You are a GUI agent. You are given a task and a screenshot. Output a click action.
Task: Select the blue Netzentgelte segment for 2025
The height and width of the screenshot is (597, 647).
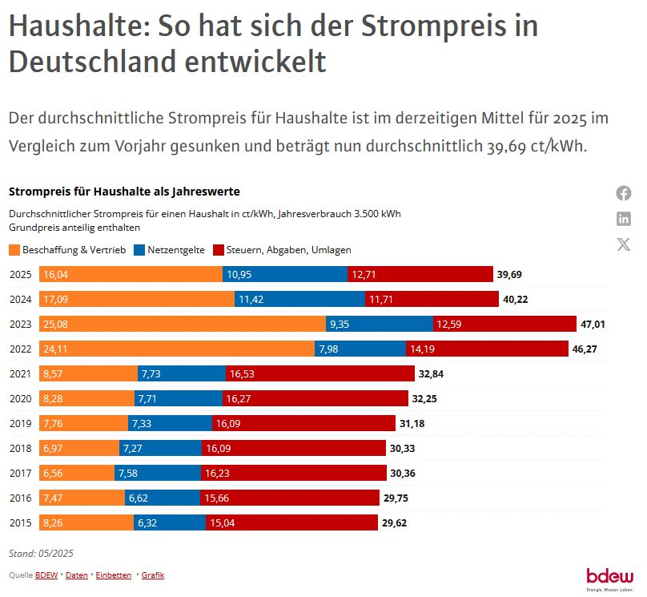click(285, 274)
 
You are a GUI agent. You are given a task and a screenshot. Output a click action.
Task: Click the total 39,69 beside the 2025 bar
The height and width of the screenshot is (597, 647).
click(509, 274)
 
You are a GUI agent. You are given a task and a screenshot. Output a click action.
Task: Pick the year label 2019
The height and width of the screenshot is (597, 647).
click(20, 423)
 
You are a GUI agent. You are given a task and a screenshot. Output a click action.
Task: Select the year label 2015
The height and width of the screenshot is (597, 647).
click(20, 523)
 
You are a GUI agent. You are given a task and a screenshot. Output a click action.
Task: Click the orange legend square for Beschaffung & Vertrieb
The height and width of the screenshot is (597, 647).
click(14, 250)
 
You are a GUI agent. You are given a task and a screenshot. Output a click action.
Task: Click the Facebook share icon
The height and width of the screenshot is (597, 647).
click(624, 193)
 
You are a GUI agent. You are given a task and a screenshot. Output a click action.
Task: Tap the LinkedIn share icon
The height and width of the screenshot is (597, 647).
click(624, 219)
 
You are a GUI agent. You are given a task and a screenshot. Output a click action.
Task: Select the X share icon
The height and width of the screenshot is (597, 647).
click(624, 244)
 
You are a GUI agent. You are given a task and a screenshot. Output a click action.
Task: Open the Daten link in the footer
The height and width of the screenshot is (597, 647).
click(77, 575)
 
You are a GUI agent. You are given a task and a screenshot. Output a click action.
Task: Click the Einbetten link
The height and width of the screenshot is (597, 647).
click(114, 575)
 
